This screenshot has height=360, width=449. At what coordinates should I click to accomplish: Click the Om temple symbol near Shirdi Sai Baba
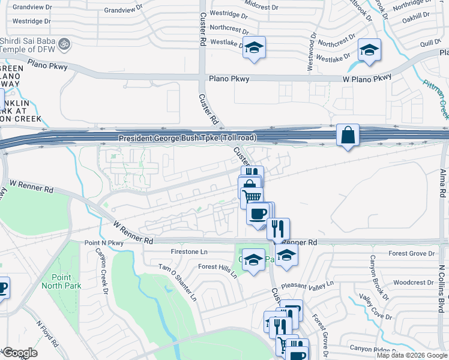pyautogui.click(x=66, y=43)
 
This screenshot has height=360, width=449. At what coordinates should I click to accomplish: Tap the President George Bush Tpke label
pyautogui.click(x=187, y=138)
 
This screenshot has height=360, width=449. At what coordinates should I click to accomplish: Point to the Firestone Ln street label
pyautogui.click(x=189, y=252)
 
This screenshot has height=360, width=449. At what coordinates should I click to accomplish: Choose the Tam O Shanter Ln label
pyautogui.click(x=177, y=282)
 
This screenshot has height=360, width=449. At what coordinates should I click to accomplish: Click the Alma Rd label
pyautogui.click(x=443, y=184)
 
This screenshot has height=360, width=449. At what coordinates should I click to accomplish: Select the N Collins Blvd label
pyautogui.click(x=441, y=288)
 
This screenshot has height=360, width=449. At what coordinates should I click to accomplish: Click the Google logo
pyautogui.click(x=19, y=353)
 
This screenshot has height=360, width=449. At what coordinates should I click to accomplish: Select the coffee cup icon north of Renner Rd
pyautogui.click(x=259, y=214)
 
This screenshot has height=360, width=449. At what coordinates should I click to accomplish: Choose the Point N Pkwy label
pyautogui.click(x=103, y=242)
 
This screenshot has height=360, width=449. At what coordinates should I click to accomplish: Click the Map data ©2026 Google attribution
pyautogui.click(x=412, y=355)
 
